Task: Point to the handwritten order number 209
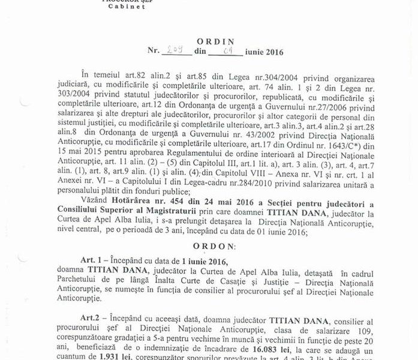(173, 53)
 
